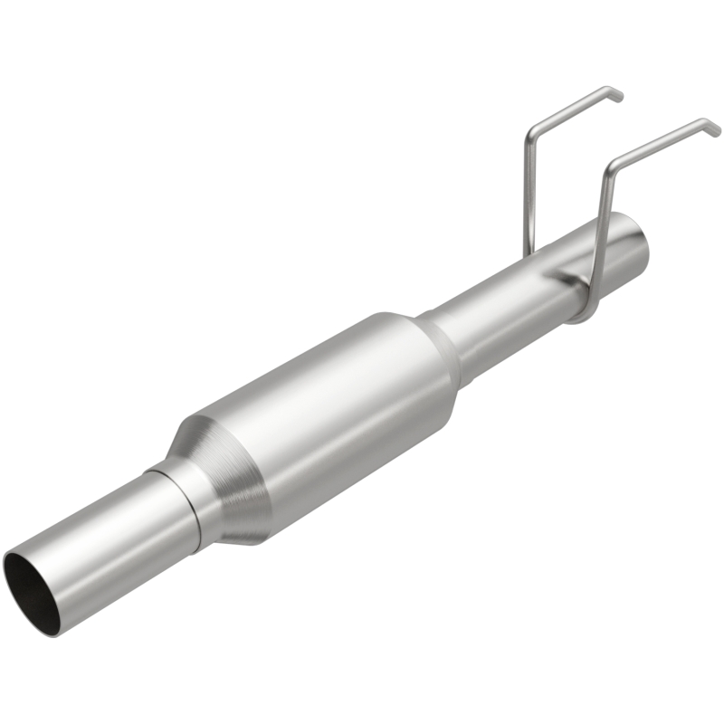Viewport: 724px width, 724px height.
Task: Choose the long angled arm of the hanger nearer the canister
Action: click(570, 112)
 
